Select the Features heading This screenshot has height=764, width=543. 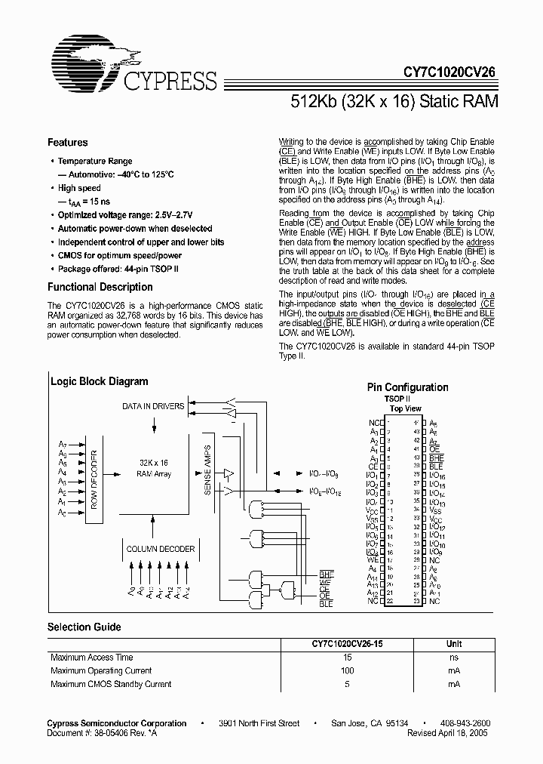(67, 143)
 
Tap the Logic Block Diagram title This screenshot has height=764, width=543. (99, 382)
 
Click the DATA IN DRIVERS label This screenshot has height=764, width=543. (153, 407)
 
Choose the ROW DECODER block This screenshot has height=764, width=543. (94, 478)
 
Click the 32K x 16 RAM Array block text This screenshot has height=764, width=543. (154, 468)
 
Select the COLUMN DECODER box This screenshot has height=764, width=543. (160, 549)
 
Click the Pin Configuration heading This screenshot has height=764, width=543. (407, 387)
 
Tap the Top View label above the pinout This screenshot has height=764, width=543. (405, 408)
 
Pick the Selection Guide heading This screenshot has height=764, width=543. (84, 627)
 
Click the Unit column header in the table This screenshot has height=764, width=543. (453, 644)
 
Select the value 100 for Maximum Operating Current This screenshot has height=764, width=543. (346, 670)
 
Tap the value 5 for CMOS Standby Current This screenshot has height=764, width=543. (346, 684)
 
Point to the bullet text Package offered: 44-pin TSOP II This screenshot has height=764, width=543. (120, 269)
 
